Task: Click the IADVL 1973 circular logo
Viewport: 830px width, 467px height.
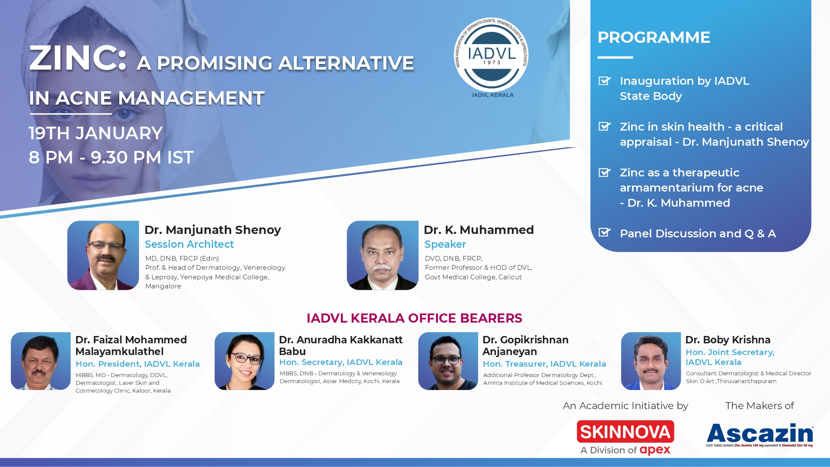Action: click(x=491, y=55)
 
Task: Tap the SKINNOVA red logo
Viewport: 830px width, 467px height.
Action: click(x=626, y=432)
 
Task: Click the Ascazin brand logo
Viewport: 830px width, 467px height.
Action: click(x=760, y=434)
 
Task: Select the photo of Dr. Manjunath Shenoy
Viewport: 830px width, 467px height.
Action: click(x=103, y=255)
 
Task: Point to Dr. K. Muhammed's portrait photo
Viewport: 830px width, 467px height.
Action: click(x=383, y=255)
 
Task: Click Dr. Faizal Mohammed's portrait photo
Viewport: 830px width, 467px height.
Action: click(x=41, y=361)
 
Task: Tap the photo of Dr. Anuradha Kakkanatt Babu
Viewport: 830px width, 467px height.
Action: click(x=244, y=361)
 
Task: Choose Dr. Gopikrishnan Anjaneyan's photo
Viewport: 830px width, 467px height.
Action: click(x=448, y=361)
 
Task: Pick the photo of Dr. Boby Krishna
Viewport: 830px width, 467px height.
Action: click(x=651, y=361)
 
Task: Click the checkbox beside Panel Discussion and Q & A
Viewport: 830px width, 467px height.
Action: click(x=604, y=233)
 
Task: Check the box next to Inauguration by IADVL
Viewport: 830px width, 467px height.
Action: click(x=604, y=81)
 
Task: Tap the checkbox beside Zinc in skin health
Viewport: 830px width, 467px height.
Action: click(x=604, y=126)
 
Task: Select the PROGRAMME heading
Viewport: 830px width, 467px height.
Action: click(x=654, y=37)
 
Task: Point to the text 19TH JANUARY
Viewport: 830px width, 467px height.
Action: click(x=96, y=133)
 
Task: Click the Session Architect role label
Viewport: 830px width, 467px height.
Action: click(x=189, y=244)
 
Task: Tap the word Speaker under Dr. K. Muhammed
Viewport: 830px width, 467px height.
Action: click(x=445, y=244)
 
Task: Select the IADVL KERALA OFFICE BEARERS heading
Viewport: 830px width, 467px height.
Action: click(x=414, y=318)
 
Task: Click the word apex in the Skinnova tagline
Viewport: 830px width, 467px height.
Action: click(x=655, y=451)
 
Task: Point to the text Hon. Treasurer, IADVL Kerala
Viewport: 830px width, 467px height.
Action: click(x=544, y=364)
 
